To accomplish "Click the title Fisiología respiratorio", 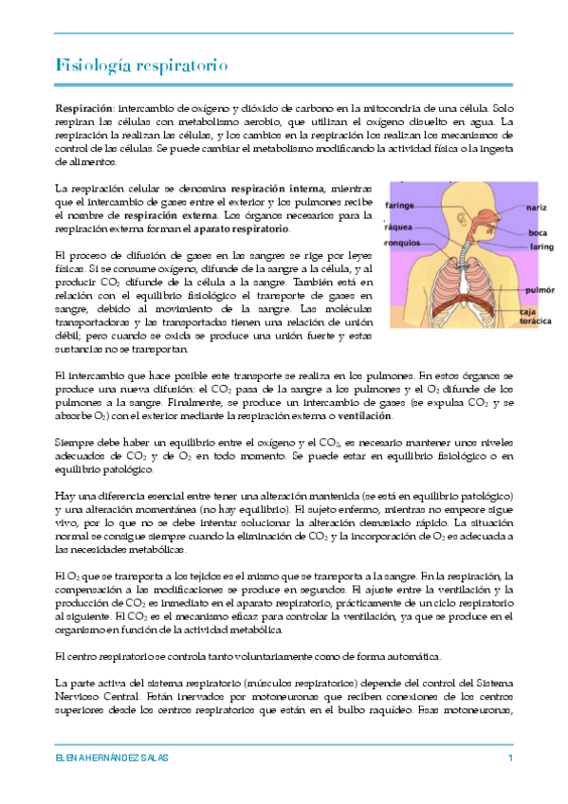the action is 140,65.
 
